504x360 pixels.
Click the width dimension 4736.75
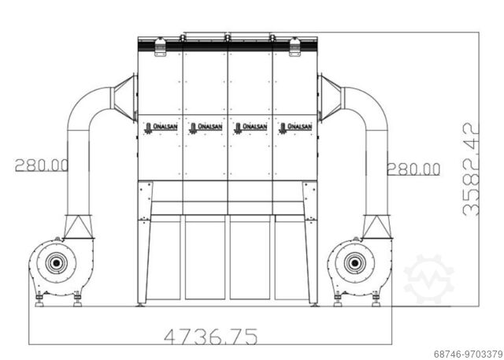pyautogui.click(x=210, y=336)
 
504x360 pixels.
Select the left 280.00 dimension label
pyautogui.click(x=41, y=165)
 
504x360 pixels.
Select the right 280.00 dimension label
pyautogui.click(x=413, y=167)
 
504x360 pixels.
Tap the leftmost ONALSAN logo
pyautogui.click(x=160, y=127)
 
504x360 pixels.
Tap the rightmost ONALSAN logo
pyautogui.click(x=296, y=127)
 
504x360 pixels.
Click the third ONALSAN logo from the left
pyautogui.click(x=251, y=127)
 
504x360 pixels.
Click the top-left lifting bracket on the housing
pyautogui.click(x=160, y=49)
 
